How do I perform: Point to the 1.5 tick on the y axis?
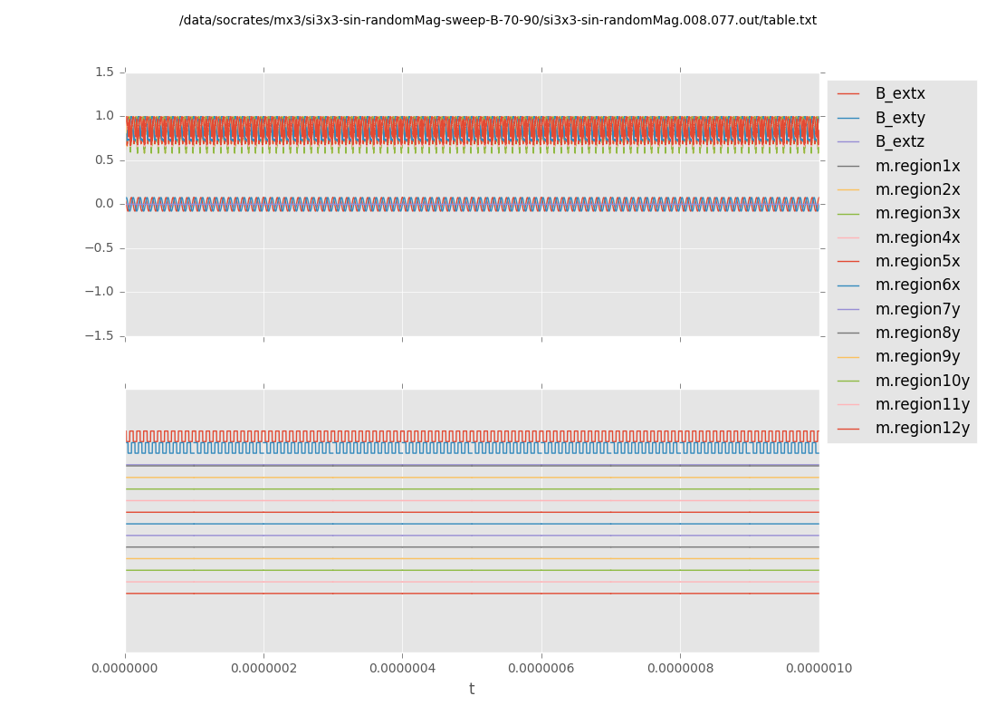pos(104,72)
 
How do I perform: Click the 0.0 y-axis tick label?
pos(104,204)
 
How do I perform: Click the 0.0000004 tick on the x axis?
pos(402,669)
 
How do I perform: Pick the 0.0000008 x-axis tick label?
pos(680,669)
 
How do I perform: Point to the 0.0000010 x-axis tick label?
pos(819,669)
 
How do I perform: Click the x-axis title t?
pos(472,690)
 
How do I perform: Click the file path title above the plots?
pos(498,21)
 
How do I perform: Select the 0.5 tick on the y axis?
pos(104,160)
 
